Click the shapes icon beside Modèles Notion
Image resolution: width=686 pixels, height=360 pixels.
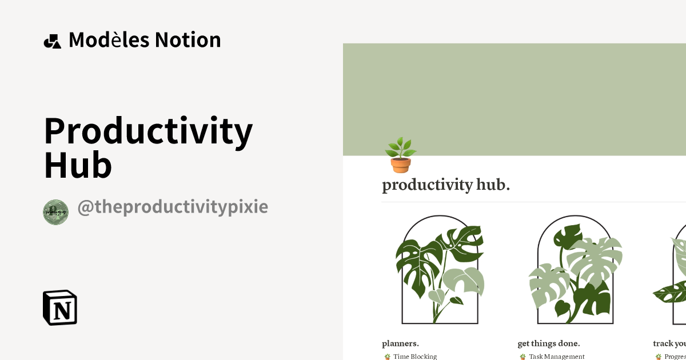point(53,41)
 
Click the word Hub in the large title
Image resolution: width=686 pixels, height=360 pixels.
point(78,166)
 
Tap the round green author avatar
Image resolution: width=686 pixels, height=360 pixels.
point(55,212)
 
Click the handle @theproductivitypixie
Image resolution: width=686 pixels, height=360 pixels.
point(173,207)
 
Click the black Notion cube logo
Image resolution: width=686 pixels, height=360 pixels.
point(60,307)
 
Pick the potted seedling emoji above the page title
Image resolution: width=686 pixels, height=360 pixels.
point(400,154)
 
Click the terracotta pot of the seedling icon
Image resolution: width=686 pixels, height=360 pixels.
point(401,165)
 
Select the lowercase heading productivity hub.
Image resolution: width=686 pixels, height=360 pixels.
point(446,185)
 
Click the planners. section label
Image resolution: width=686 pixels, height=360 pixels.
point(400,343)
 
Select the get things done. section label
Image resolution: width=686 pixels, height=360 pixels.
point(549,343)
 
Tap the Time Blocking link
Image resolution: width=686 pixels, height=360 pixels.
point(414,357)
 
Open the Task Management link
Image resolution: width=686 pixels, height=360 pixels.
point(556,357)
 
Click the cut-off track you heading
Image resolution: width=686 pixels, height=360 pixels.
point(669,343)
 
